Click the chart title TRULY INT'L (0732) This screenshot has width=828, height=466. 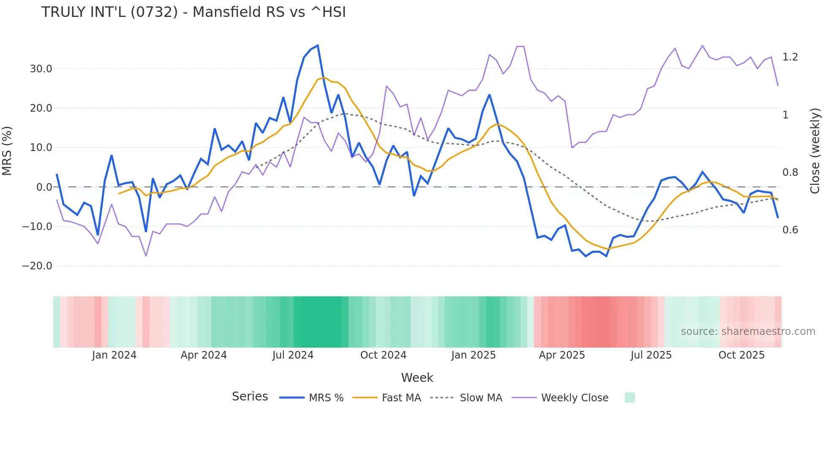tap(193, 12)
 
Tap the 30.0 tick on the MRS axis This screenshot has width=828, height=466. tap(41, 69)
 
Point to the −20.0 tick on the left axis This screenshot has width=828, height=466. tap(37, 266)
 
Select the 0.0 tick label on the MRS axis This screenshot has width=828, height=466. tap(44, 187)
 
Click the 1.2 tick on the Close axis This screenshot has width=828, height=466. tap(790, 57)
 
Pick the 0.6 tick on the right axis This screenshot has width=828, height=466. tap(790, 230)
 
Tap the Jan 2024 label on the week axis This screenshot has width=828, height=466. tap(114, 355)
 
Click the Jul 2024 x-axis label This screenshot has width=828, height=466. tap(293, 355)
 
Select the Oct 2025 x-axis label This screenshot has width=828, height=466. tap(741, 355)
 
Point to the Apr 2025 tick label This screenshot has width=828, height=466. tap(562, 355)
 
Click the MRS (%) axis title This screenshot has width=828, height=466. tap(7, 151)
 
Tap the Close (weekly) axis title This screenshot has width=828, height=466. tap(815, 151)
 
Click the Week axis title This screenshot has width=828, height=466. tap(417, 378)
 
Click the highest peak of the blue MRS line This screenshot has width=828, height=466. tap(318, 45)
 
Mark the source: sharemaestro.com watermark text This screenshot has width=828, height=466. tap(748, 332)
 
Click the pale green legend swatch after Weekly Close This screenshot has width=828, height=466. tap(629, 397)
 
